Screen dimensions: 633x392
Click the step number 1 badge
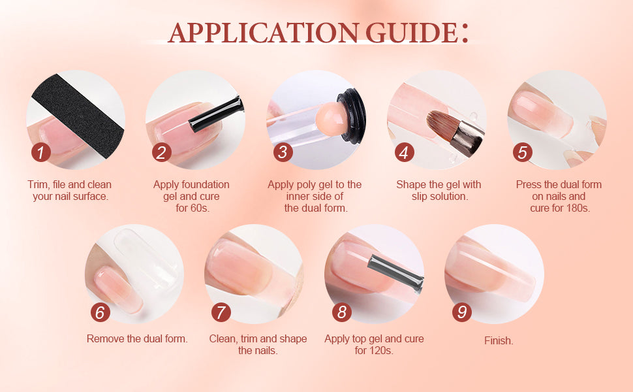[x=40, y=153]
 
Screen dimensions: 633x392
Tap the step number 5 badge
[x=522, y=153]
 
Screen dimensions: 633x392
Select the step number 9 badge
[x=462, y=312]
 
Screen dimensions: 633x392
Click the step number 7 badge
[x=221, y=312]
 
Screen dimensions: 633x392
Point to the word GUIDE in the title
[x=412, y=32]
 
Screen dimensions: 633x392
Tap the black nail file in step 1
[x=78, y=116]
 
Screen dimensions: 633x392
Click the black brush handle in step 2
[x=216, y=115]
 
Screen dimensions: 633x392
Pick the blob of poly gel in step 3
[x=332, y=119]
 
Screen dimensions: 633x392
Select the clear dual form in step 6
[x=146, y=259]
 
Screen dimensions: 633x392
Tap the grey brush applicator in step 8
[x=395, y=273]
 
